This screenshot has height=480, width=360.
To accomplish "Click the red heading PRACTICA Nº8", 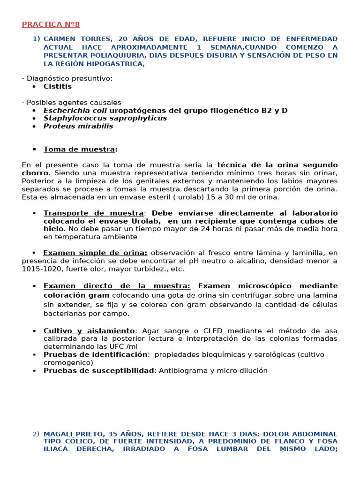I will [51, 24].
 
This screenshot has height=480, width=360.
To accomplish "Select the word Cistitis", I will [58, 86].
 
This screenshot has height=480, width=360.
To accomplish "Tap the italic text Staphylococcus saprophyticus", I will [105, 118].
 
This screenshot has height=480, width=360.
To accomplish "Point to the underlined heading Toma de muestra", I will [79, 149].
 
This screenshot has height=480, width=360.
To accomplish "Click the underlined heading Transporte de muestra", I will [93, 213].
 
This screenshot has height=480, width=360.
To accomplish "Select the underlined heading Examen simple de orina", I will [95, 253].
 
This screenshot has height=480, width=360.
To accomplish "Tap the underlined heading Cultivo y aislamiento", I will [89, 330].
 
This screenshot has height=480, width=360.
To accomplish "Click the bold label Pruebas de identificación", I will [96, 354].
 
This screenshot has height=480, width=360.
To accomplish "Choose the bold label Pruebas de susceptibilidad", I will [98, 370].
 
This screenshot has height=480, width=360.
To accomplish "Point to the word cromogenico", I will [68, 362].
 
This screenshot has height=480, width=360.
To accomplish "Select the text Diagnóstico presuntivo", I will [69, 78].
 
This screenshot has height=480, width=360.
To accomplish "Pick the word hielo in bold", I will [53, 229].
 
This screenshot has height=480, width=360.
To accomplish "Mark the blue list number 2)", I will [36, 434].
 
